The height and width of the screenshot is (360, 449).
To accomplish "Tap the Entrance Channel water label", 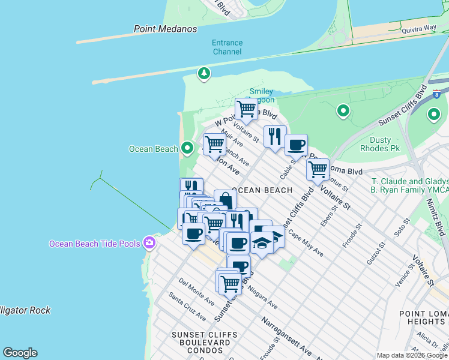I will (227, 47).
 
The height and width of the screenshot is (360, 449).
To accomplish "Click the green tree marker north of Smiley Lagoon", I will (204, 73).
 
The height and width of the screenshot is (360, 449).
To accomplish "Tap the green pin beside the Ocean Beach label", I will (187, 148).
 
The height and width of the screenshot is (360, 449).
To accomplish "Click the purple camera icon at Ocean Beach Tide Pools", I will (149, 243).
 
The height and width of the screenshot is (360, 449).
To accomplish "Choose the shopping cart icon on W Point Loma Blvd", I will (246, 109).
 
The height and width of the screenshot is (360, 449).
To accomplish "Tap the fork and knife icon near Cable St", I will (275, 136).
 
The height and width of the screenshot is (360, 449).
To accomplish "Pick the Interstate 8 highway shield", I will (436, 94).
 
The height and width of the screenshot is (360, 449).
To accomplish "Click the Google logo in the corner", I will (20, 353).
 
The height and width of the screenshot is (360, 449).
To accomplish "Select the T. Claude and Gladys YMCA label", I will (409, 187).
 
